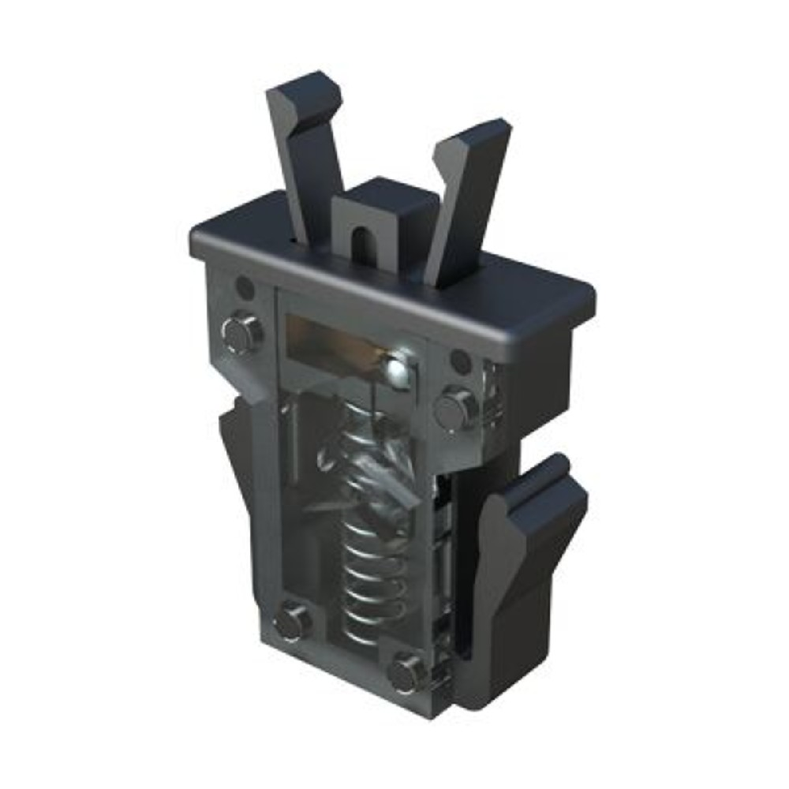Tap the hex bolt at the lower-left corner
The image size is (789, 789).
point(292,619)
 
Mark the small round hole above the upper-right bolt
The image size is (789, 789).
point(459,361)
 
